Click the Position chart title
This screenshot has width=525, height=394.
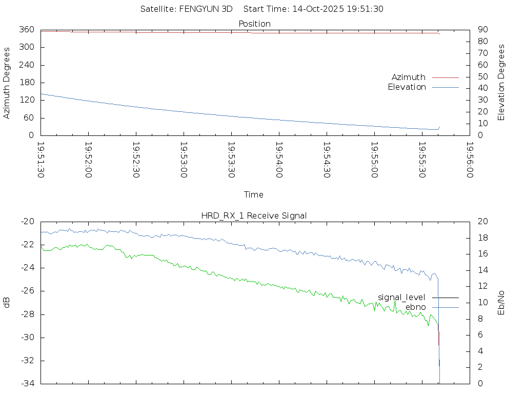[x=254, y=24]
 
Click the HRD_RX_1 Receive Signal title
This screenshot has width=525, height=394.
[x=254, y=215]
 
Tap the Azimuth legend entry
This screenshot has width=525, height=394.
[x=409, y=77]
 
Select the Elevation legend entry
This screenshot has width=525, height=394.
[x=407, y=87]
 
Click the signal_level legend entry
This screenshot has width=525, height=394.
[x=401, y=298]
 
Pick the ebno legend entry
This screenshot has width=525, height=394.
[x=416, y=307]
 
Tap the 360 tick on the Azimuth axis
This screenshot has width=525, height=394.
[x=26, y=30]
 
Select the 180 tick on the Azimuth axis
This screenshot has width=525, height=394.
[x=26, y=83]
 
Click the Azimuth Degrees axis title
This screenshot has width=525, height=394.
[x=7, y=83]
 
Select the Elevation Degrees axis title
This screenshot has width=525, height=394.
[x=501, y=83]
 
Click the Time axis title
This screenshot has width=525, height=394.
[x=254, y=194]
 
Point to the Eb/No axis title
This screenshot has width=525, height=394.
[x=501, y=302]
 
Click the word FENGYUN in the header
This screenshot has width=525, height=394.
[x=198, y=9]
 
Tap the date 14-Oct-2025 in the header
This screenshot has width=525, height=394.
[x=317, y=9]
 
